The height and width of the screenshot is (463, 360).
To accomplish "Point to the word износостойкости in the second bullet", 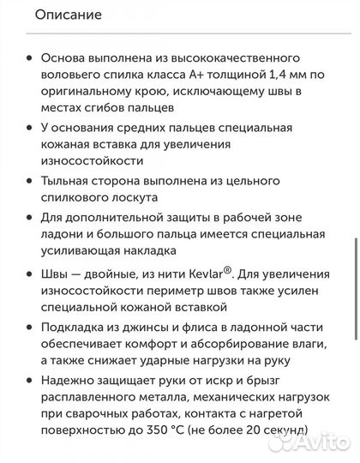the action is tap(88, 160).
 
